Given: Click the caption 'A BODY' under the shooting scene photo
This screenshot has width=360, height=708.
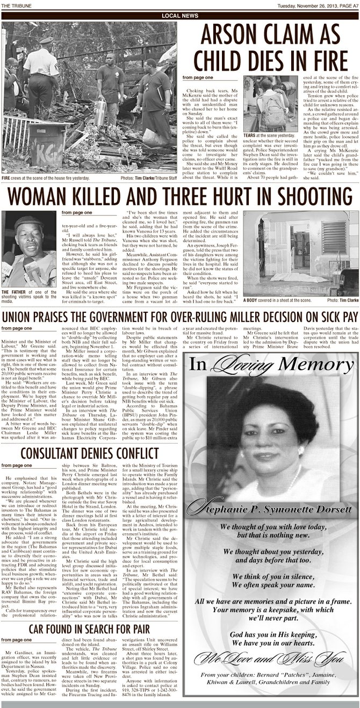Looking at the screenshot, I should (x=253, y=299).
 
